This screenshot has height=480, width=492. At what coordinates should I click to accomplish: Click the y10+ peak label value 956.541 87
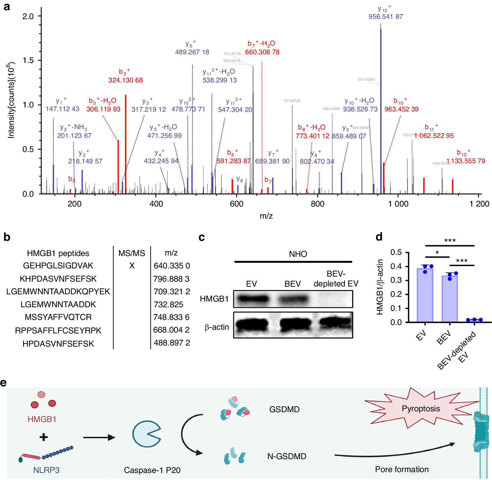click(385, 17)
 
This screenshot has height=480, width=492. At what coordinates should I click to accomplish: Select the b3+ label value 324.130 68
click(126, 80)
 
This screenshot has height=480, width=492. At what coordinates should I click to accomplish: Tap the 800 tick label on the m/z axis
click(318, 204)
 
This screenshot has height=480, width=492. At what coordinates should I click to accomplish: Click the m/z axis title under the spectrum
click(266, 216)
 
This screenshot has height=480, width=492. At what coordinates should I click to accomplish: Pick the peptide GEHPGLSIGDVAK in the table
click(58, 266)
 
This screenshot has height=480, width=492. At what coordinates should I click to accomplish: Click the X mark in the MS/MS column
click(132, 266)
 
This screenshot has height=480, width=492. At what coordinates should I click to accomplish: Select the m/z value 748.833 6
click(171, 317)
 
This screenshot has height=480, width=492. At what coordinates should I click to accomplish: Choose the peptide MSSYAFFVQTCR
click(58, 317)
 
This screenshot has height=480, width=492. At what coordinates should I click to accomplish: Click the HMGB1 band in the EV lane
click(252, 299)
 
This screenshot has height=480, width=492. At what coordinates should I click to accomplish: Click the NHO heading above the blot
click(298, 254)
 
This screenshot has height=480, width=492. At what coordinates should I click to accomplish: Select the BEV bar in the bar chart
click(450, 299)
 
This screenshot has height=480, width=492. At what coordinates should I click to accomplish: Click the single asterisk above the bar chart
click(437, 253)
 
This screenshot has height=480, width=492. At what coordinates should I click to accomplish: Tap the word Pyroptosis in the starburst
click(421, 409)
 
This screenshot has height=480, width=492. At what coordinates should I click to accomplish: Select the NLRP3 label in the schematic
click(46, 470)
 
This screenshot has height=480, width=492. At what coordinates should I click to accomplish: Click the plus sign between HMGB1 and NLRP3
click(44, 437)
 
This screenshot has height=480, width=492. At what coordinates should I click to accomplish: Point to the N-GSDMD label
click(287, 456)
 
